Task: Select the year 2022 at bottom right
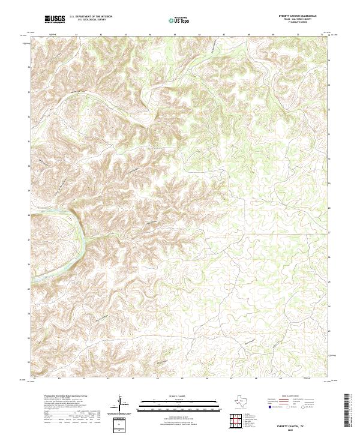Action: pos(295,428)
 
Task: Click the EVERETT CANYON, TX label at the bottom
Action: pos(295,424)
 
